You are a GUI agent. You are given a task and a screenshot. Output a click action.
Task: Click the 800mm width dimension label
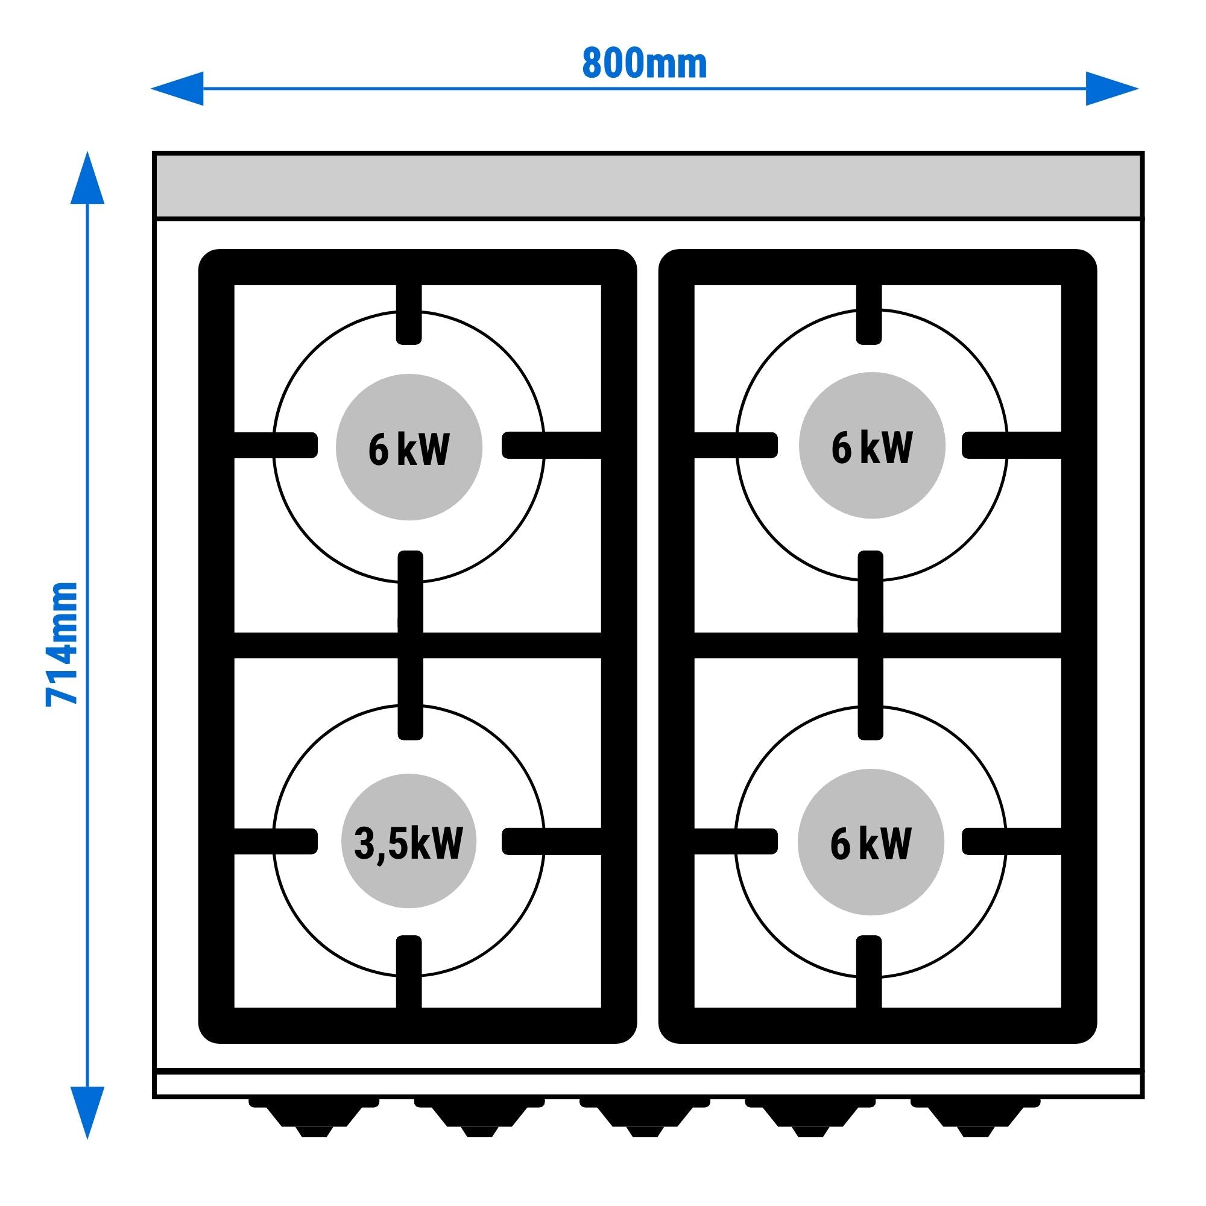(x=644, y=64)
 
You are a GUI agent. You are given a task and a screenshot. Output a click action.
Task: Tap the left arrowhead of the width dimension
(x=178, y=89)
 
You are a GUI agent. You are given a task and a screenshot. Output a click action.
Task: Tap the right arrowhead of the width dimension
(x=1111, y=89)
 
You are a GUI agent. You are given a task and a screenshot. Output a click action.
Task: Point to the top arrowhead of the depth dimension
(x=87, y=178)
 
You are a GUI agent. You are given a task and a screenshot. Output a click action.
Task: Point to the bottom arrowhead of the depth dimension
(x=87, y=1111)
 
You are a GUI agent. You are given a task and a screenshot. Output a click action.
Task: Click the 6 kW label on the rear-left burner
(x=409, y=448)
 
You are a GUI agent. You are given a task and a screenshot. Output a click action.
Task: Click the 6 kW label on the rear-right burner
(x=872, y=447)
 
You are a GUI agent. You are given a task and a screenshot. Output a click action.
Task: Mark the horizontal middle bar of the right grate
(x=968, y=645)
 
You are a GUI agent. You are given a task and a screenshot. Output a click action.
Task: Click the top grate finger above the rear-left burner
(x=409, y=314)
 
